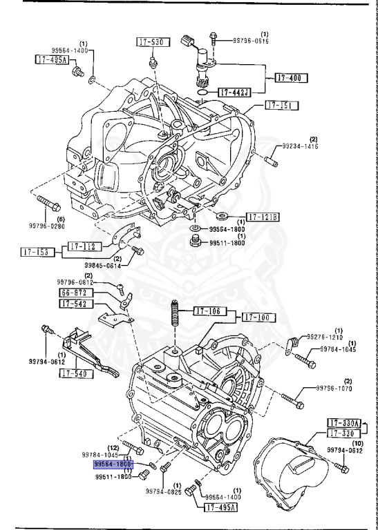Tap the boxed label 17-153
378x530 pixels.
point(35,253)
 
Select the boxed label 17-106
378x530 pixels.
point(208,311)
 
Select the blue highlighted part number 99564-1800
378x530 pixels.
point(113,465)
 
